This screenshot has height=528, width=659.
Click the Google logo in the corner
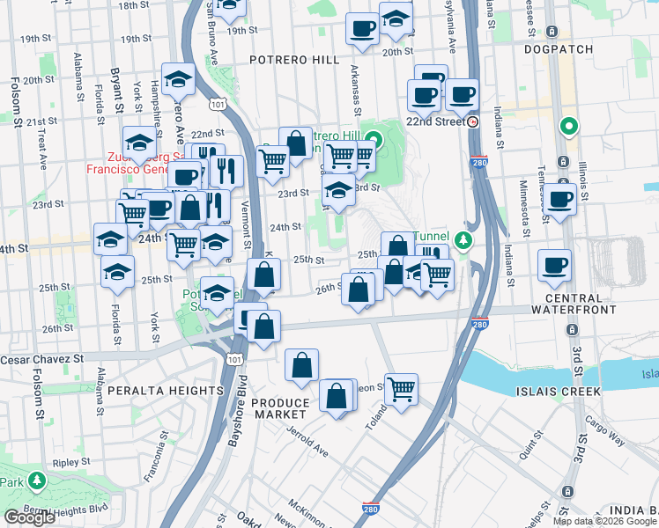[x=29, y=517]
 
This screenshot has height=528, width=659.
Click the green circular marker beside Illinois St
[x=569, y=127]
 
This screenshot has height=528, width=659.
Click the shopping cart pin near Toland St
[x=401, y=386]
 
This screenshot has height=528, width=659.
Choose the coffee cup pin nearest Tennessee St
[x=559, y=199]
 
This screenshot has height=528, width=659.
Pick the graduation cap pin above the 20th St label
[x=396, y=18]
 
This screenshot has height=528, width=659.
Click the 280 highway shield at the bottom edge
[x=371, y=508]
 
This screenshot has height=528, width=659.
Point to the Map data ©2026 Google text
[x=604, y=521]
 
